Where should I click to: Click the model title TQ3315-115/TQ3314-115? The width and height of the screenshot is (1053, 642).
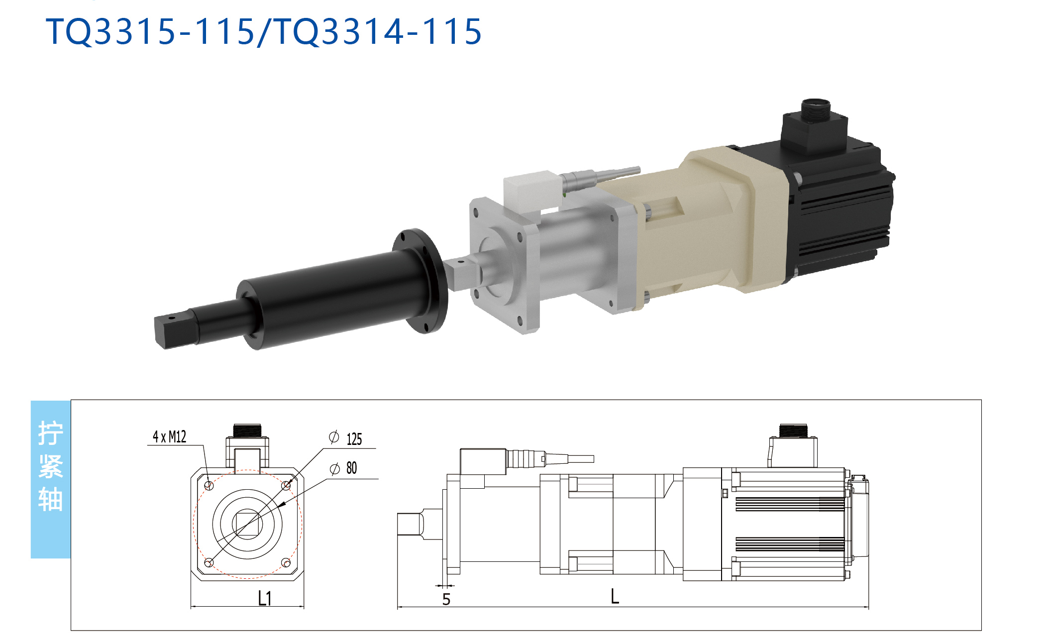pyautogui.click(x=264, y=31)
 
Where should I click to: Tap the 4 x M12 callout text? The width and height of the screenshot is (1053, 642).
pyautogui.click(x=169, y=437)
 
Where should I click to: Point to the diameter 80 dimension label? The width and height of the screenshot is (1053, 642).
pyautogui.click(x=343, y=468)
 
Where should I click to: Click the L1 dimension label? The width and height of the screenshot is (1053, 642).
pyautogui.click(x=265, y=598)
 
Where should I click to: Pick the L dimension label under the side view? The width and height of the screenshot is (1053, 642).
pyautogui.click(x=615, y=596)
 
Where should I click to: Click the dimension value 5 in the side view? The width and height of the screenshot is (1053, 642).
pyautogui.click(x=446, y=600)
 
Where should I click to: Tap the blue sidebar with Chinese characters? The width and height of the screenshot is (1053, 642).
pyautogui.click(x=51, y=479)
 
